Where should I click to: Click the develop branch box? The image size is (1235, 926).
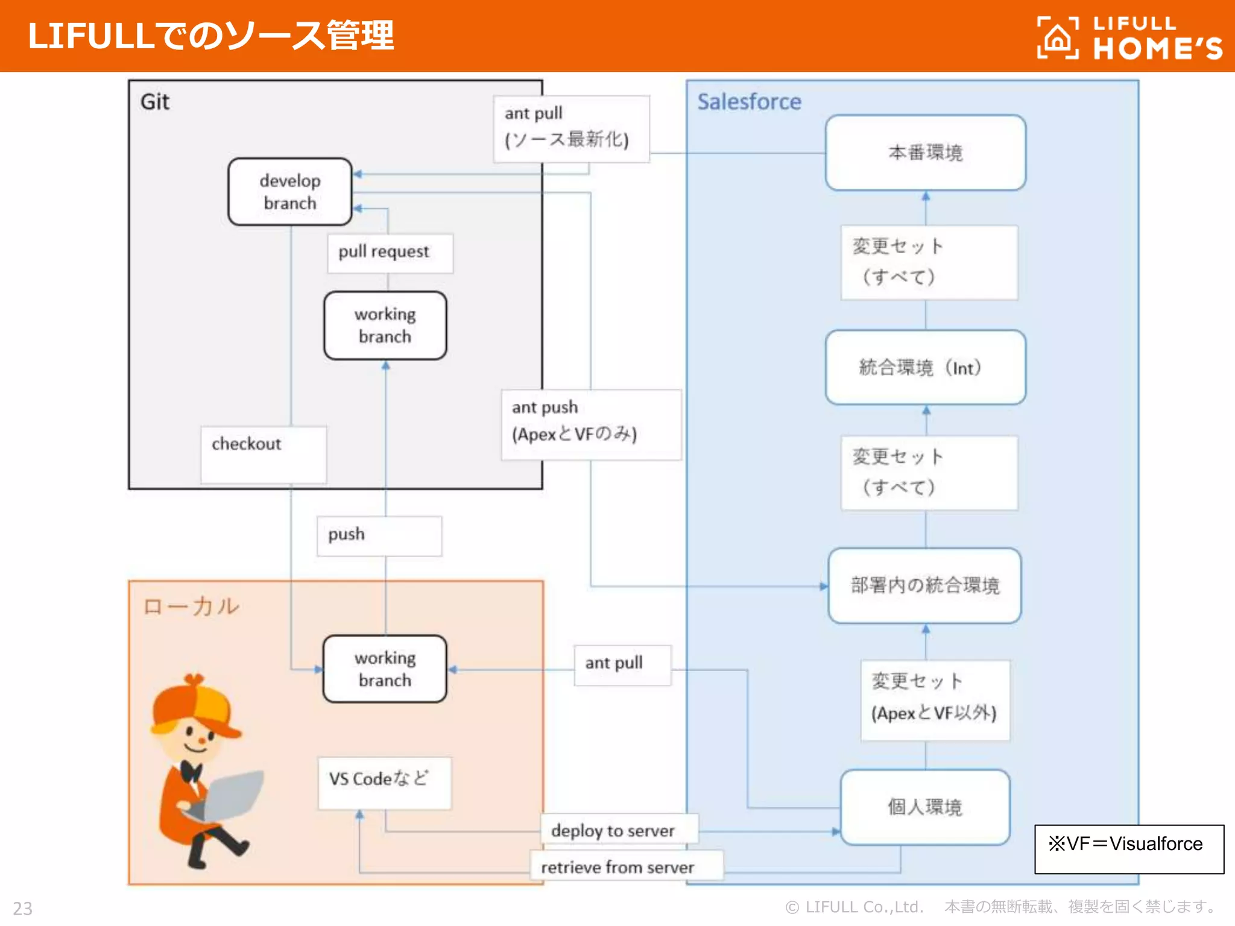289,192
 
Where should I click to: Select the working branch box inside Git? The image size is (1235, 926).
385,326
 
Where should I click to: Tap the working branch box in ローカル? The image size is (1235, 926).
385,669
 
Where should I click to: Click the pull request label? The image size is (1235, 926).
390,253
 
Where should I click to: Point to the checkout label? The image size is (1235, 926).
263,453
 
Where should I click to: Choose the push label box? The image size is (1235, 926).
379,535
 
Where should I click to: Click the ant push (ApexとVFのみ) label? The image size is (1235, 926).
590,424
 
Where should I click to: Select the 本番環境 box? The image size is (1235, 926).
925,153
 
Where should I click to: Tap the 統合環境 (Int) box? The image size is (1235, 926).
925,367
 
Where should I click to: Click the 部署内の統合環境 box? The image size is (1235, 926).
924,585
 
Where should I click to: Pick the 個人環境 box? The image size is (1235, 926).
924,807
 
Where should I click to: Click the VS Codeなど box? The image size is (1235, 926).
384,782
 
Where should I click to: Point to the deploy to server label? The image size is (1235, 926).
619,830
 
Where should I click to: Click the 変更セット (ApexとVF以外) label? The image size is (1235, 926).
934,699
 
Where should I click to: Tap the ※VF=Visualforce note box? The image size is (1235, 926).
1128,848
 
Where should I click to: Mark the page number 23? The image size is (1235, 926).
23,908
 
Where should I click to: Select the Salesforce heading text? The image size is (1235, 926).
749,102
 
